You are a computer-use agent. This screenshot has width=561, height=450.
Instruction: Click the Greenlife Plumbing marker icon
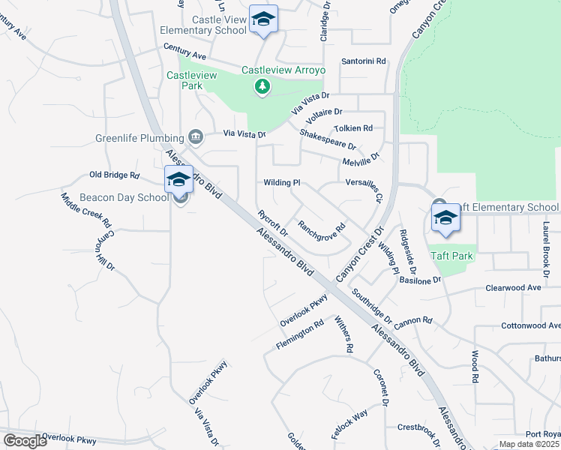click(196, 136)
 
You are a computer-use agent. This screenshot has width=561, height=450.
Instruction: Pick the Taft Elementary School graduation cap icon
click(445, 218)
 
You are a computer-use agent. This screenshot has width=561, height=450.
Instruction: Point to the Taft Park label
click(451, 256)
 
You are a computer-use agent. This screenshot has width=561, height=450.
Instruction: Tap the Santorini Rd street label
click(363, 61)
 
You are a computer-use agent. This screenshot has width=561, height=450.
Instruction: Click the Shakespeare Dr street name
click(327, 139)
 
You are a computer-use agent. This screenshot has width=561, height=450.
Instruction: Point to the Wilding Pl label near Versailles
click(282, 182)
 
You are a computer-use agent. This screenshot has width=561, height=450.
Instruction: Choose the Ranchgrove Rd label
click(321, 231)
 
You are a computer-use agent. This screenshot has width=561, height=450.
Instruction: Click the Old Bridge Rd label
click(115, 175)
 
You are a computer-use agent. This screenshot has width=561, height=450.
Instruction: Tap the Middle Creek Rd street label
click(86, 211)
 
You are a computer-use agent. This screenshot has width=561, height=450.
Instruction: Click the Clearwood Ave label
click(513, 287)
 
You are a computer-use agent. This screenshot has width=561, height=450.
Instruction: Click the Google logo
click(25, 441)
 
